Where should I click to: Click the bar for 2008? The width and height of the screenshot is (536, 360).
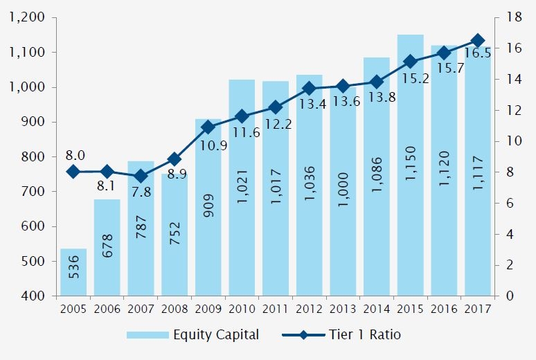[175, 235]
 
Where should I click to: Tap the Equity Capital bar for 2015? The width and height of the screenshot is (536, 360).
[410, 166]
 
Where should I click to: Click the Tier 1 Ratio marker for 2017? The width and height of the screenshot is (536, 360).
[478, 41]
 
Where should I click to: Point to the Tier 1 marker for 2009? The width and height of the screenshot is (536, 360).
[208, 127]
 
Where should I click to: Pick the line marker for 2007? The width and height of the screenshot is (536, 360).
[141, 177]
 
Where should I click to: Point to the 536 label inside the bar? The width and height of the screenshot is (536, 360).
[73, 272]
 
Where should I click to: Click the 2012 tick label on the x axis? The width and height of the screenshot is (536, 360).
[309, 309]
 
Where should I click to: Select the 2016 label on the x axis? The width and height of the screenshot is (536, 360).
[444, 309]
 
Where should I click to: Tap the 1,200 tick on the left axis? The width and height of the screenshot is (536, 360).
[27, 17]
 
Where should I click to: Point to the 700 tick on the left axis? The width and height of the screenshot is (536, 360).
[34, 192]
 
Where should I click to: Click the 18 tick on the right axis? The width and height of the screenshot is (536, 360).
[514, 17]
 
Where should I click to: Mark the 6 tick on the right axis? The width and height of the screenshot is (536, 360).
[510, 204]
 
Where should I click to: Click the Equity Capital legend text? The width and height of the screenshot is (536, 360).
[217, 335]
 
